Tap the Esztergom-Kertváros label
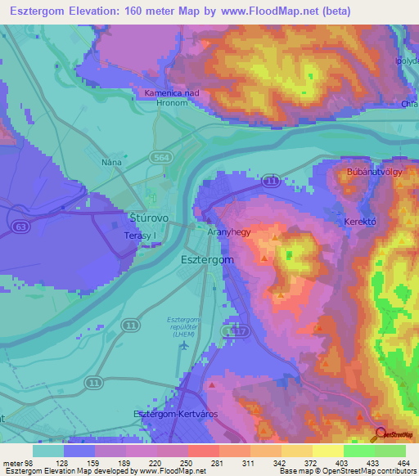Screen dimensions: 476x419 [175, 415]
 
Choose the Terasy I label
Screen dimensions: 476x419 [137, 236]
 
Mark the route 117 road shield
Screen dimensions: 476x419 [237, 330]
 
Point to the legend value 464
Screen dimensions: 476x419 [403, 462]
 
